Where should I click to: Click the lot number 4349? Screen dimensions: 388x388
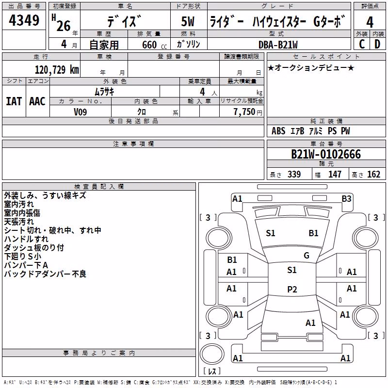point(24,20)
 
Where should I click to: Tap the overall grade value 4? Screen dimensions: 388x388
point(370,22)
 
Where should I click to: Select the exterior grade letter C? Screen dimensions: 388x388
point(362,44)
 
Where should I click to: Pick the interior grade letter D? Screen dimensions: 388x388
point(377,44)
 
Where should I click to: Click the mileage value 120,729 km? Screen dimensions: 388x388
point(57,70)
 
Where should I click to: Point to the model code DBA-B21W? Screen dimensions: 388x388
point(278,45)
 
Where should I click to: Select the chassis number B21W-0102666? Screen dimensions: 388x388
point(326,154)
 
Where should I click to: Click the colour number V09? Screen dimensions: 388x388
point(80,112)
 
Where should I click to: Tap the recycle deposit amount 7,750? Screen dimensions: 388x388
point(244,112)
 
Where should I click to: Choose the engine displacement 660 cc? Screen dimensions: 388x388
point(154,45)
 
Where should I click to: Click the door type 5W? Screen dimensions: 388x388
point(188,21)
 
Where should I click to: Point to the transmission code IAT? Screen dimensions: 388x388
point(14,101)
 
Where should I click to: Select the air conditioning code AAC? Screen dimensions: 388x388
point(37,101)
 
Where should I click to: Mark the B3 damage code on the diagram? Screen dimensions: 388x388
point(346,199)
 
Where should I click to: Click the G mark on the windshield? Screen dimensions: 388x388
point(307,256)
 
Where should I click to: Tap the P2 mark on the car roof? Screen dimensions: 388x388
point(292,289)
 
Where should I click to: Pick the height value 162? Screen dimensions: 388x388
point(373,175)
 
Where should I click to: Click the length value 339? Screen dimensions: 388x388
point(294,175)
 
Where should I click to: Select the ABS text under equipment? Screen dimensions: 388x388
point(278,131)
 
